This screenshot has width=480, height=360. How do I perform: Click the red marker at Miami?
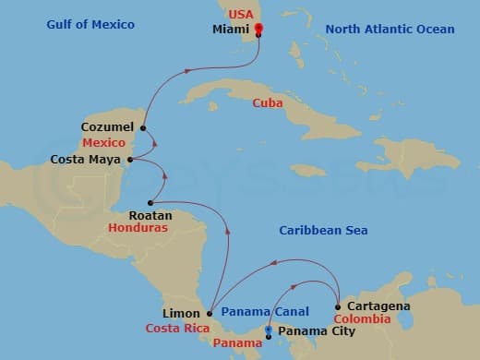[258, 28]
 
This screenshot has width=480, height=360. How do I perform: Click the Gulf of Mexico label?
[90, 24]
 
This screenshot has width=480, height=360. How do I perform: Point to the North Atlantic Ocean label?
[390, 30]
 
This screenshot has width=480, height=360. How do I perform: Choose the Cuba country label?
[268, 102]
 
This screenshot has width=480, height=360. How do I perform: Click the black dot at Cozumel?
[144, 127]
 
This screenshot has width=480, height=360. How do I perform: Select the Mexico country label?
[103, 144]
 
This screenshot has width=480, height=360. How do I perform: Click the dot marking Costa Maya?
[129, 160]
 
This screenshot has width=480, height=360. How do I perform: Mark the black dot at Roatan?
[150, 201]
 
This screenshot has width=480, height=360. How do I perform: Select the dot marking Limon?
[209, 313]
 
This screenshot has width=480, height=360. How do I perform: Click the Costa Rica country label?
[174, 329]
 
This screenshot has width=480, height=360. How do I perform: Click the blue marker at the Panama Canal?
[268, 329]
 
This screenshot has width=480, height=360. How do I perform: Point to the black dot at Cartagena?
[339, 306]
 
